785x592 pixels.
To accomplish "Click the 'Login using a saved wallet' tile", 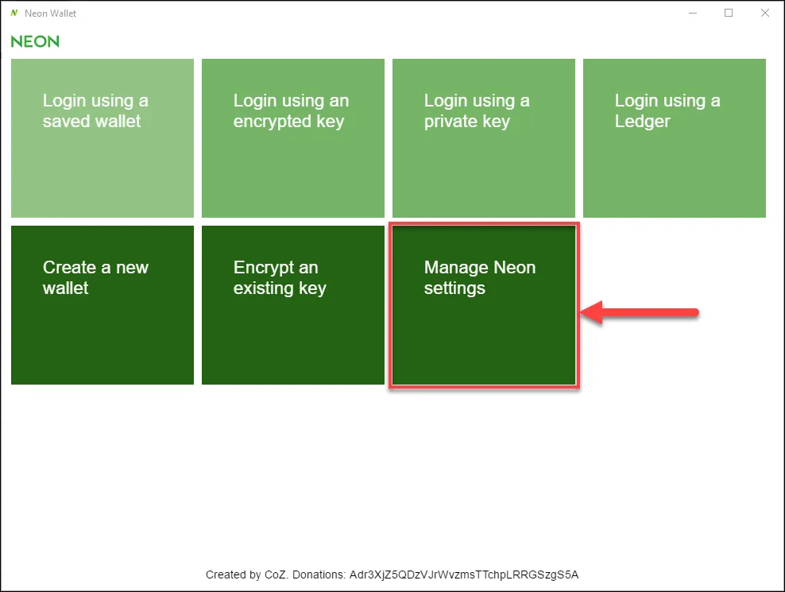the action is (102, 138).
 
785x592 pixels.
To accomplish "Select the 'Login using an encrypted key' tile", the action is (293, 138).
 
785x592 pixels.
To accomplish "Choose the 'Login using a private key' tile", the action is (484, 138).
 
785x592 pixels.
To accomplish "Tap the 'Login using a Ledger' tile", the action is (675, 138).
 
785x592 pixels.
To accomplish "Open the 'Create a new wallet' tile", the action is (102, 305).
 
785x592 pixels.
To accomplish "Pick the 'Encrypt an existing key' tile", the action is (293, 305).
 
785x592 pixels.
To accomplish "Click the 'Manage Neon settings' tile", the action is (484, 305).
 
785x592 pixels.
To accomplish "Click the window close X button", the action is (765, 13).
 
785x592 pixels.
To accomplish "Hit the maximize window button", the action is (729, 13).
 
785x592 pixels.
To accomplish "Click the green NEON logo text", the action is (35, 41).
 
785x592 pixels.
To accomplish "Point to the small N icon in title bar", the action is (14, 13).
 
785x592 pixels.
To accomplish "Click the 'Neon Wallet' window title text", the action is (51, 14).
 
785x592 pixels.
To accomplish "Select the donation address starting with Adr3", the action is (464, 575).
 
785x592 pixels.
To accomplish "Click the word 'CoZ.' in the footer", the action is (276, 575).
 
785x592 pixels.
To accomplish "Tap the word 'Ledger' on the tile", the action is (642, 122).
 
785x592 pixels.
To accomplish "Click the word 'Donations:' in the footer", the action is (319, 575).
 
